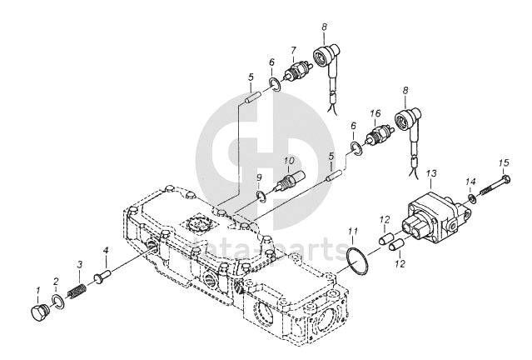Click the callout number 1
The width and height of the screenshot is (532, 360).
[x=37, y=290]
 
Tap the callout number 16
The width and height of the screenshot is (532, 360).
[x=375, y=113]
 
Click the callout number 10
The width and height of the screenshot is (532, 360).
[x=289, y=161]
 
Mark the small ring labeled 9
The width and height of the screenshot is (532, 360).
[x=261, y=196]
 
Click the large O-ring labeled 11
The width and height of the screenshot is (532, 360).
[x=352, y=262]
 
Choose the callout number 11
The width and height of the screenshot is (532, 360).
[x=353, y=230]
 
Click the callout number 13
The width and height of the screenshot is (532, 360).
[x=431, y=174]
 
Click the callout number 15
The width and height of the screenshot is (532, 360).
[x=503, y=162]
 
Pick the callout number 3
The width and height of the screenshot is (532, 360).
[x=80, y=264]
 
